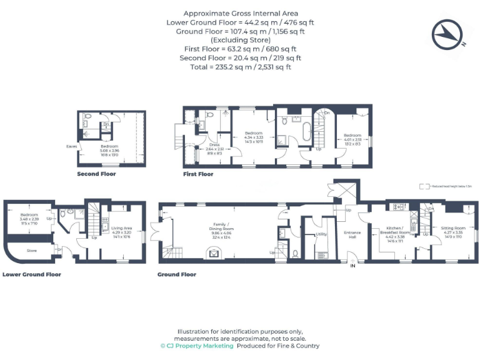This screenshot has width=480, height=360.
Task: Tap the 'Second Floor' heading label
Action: click(96, 174)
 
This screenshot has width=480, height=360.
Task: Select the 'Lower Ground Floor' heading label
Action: click(31, 274)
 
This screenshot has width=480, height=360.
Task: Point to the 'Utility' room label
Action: click(321, 234)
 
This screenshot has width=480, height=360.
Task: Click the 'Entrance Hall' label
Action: click(352, 234)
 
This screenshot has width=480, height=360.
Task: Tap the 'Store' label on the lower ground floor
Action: click(31, 251)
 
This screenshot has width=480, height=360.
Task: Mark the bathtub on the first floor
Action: click(306, 133)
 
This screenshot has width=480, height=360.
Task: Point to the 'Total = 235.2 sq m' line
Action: click(241, 67)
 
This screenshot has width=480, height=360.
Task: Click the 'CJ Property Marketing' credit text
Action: click(197, 346)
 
